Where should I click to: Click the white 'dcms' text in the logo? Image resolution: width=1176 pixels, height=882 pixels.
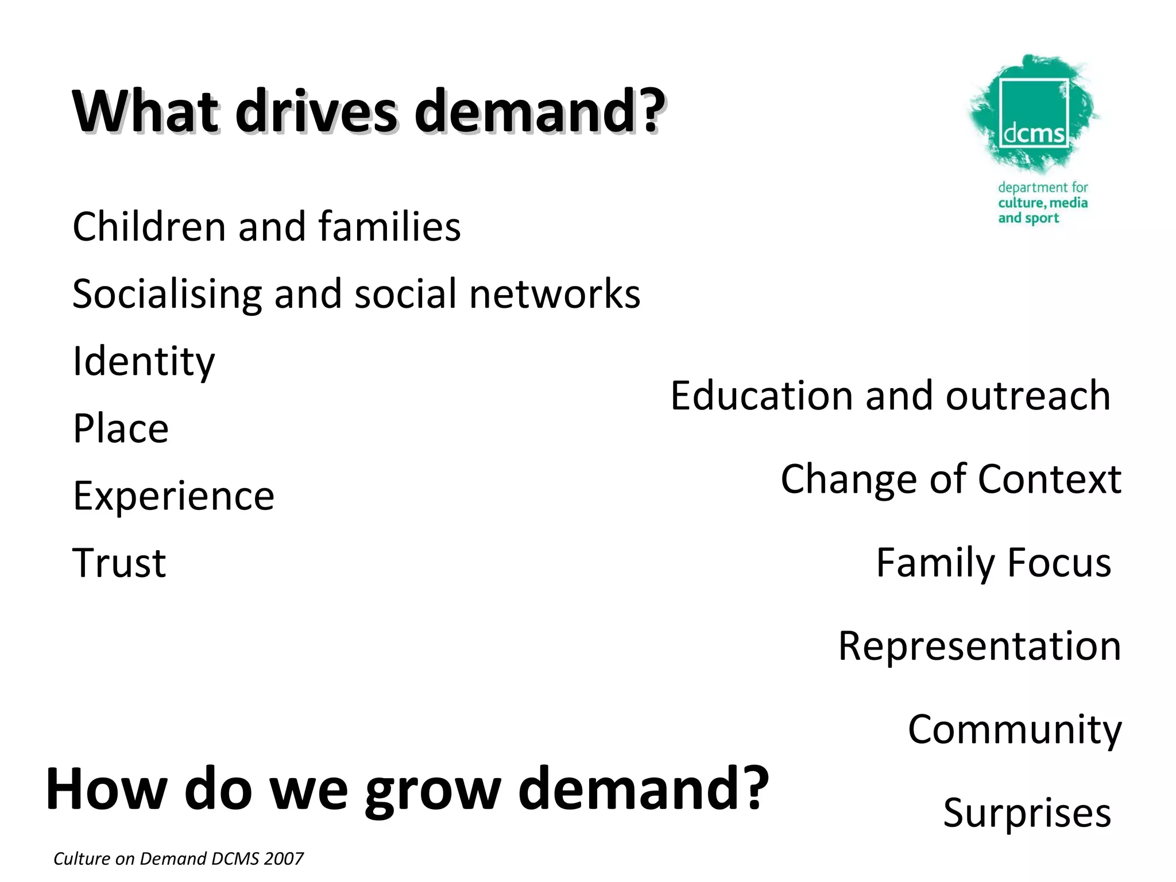[1034, 134]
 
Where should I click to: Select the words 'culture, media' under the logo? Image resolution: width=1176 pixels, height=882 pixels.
[1043, 203]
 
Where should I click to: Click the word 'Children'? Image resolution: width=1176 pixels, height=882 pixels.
[149, 226]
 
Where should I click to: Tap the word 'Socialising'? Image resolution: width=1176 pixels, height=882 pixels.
[167, 294]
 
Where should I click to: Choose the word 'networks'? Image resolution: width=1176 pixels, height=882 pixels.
[554, 294]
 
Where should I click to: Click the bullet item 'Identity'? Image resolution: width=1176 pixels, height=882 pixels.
[144, 362]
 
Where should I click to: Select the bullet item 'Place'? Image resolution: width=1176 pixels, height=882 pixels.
[121, 428]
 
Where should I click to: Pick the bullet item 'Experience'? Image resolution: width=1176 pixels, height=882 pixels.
[173, 496]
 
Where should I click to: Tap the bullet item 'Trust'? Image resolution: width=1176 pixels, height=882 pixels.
[119, 563]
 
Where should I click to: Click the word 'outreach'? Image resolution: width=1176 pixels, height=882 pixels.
[1027, 396]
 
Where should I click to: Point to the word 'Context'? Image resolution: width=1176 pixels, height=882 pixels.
[1049, 479]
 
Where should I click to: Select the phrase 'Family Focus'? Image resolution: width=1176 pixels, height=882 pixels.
[993, 563]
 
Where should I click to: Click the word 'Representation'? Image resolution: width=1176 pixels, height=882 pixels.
[980, 646]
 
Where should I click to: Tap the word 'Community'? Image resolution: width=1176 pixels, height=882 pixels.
[1015, 729]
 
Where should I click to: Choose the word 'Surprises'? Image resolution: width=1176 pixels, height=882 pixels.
[1027, 813]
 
